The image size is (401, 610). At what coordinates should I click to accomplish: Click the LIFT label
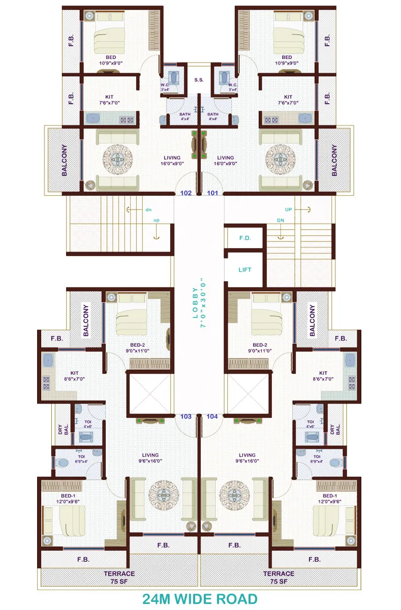(x=245, y=270)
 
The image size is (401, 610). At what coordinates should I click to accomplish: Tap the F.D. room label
(x=245, y=237)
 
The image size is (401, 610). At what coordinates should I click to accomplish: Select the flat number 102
(x=187, y=193)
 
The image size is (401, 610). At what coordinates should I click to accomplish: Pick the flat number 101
(x=212, y=193)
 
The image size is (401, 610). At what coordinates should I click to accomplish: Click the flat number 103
(x=186, y=416)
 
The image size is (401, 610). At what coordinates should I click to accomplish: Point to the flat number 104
(x=212, y=416)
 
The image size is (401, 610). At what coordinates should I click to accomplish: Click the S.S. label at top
(x=199, y=80)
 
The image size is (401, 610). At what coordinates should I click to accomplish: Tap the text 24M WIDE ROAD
(x=200, y=598)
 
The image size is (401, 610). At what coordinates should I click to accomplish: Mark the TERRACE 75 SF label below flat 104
(x=278, y=577)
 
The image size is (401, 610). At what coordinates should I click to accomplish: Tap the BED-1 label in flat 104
(x=329, y=499)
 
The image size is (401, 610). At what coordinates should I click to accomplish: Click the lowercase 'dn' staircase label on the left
(x=148, y=209)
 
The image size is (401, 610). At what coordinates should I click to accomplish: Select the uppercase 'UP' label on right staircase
(x=289, y=209)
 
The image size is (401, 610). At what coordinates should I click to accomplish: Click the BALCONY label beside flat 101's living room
(x=334, y=160)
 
